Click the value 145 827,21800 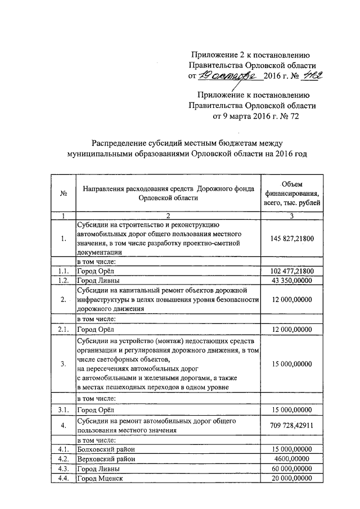(x=291, y=239)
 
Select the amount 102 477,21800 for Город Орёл (x=291, y=271)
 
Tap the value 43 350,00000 (x=291, y=280)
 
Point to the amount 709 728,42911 (x=291, y=425)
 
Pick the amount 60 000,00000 (x=291, y=469)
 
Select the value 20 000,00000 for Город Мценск (x=291, y=478)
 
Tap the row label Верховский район (x=106, y=459)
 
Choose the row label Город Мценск (x=99, y=478)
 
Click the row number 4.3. (x=63, y=469)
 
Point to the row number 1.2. (x=63, y=280)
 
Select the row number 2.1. (x=63, y=328)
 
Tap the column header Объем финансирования (x=291, y=193)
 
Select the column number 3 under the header (x=291, y=216)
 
